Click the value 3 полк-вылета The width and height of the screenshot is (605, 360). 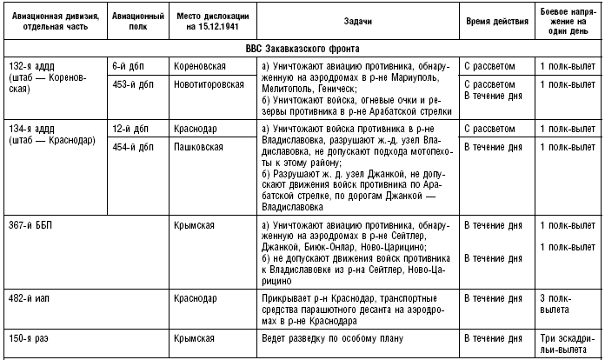point(559,303)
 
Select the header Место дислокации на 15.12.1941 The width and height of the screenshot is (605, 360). point(212,22)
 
